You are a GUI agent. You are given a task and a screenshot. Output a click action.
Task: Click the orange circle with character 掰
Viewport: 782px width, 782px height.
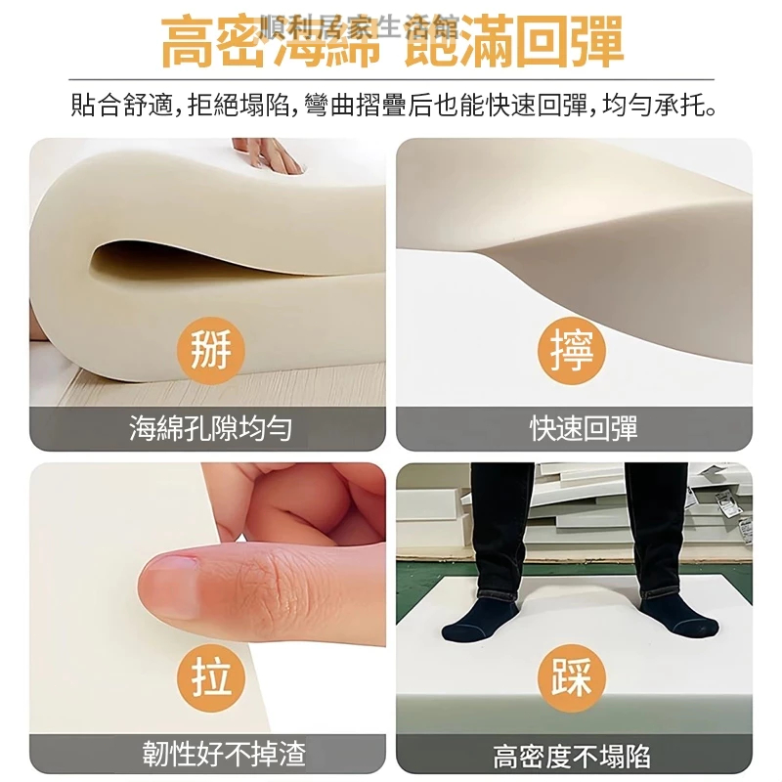(211, 350)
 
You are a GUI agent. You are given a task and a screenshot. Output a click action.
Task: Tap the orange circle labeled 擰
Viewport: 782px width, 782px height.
(572, 350)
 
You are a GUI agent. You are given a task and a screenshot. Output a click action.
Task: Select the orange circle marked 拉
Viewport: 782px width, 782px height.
(211, 677)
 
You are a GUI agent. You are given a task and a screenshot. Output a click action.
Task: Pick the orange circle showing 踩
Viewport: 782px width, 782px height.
(572, 677)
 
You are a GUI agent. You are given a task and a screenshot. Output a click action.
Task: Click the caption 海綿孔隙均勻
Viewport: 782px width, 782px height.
(210, 428)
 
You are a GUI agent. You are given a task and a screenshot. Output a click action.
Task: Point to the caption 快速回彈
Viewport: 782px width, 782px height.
(584, 428)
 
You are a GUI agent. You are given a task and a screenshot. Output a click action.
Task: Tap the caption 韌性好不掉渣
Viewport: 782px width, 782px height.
(224, 754)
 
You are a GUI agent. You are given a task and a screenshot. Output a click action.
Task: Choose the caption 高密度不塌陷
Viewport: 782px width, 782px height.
(572, 756)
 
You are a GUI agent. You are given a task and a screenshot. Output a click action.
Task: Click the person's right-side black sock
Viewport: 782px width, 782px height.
(677, 616)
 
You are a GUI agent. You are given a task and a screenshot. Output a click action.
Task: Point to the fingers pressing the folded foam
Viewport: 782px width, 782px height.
(268, 154)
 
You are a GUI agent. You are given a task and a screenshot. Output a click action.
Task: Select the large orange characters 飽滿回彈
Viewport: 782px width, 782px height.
(514, 42)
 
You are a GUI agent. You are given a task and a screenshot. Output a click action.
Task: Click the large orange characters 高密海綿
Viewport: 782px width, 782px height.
(272, 42)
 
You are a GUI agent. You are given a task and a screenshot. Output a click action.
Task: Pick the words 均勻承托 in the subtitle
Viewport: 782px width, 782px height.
(654, 106)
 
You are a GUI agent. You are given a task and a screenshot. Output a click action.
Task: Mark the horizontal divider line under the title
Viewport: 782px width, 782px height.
(391, 79)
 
